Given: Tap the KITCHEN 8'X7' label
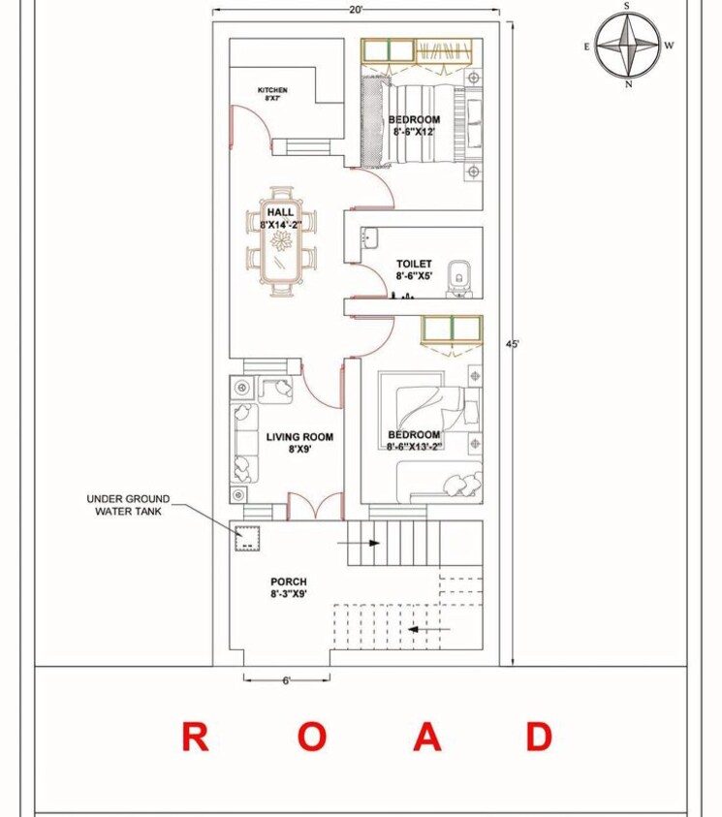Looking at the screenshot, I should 272,94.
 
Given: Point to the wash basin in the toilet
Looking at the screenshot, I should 368,236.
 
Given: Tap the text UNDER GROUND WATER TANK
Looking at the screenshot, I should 128,505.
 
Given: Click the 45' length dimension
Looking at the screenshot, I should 513,345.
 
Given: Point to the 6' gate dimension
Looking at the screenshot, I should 286,680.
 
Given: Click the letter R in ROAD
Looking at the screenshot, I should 195,738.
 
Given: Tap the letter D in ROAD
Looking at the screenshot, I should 540,738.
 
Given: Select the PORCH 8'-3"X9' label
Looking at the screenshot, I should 289,588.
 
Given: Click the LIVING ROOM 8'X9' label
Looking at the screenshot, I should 299,443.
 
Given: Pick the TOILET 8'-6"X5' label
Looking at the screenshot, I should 414,269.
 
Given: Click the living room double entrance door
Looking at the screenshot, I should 315,506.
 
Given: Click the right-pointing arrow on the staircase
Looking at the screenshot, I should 351,544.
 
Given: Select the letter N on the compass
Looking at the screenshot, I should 628,85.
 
